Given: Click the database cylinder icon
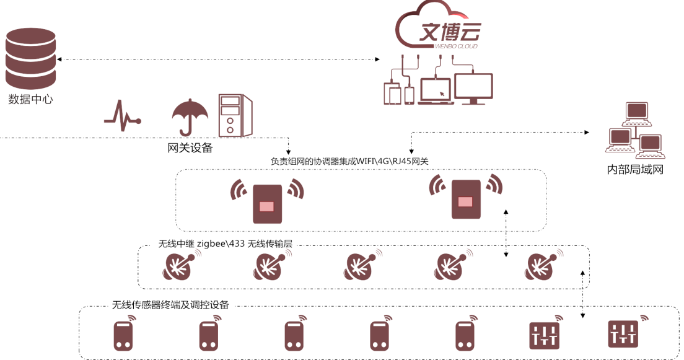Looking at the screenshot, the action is (30, 58).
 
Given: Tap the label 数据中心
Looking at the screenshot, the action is (30, 100).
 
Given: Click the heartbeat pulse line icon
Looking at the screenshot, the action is (123, 116).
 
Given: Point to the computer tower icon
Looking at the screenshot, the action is (235, 116).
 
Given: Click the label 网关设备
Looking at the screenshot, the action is (190, 148).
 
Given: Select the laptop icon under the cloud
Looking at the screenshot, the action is (436, 91).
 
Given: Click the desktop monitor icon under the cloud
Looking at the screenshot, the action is (473, 89).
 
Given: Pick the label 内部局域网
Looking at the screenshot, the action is (635, 170).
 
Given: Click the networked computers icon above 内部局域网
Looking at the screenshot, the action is (635, 131).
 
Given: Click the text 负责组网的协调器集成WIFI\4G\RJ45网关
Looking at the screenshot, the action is (349, 162).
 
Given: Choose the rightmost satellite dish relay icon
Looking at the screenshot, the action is (543, 265).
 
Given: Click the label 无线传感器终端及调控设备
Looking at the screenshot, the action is (170, 305).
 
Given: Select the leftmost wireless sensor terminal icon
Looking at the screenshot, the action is (124, 333).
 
